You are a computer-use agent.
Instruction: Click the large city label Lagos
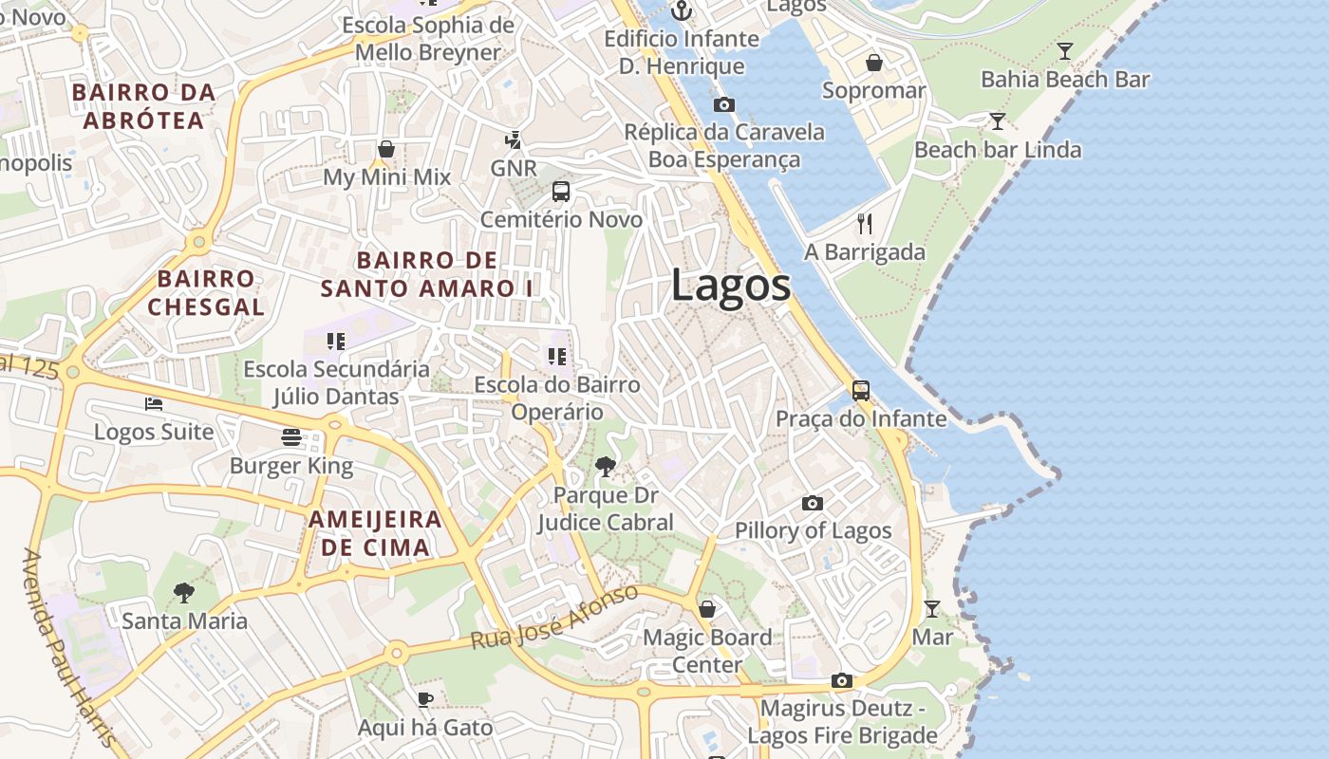(731, 286)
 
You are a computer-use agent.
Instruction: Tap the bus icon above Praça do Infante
(861, 391)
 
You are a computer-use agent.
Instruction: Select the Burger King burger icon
(291, 437)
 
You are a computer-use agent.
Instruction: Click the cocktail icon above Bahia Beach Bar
(1065, 51)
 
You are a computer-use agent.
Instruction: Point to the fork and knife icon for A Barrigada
(864, 224)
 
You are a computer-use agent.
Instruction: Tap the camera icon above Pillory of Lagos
(813, 503)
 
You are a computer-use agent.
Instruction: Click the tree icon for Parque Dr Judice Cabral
(605, 467)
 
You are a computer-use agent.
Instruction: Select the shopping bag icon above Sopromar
(873, 63)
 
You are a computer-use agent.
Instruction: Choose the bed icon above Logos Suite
(154, 404)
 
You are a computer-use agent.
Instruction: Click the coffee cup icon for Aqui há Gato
(424, 700)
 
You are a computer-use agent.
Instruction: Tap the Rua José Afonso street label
(555, 618)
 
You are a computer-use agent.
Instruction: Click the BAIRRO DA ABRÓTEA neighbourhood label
(143, 106)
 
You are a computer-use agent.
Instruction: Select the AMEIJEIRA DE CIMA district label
(375, 533)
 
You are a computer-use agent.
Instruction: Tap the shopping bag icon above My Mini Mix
(386, 149)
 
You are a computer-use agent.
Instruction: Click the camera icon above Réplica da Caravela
(724, 104)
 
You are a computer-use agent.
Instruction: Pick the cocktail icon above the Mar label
(932, 609)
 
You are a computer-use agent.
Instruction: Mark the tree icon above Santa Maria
(184, 594)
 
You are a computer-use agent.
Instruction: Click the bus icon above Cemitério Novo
(561, 192)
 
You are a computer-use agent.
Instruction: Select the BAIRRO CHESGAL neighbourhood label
(206, 292)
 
